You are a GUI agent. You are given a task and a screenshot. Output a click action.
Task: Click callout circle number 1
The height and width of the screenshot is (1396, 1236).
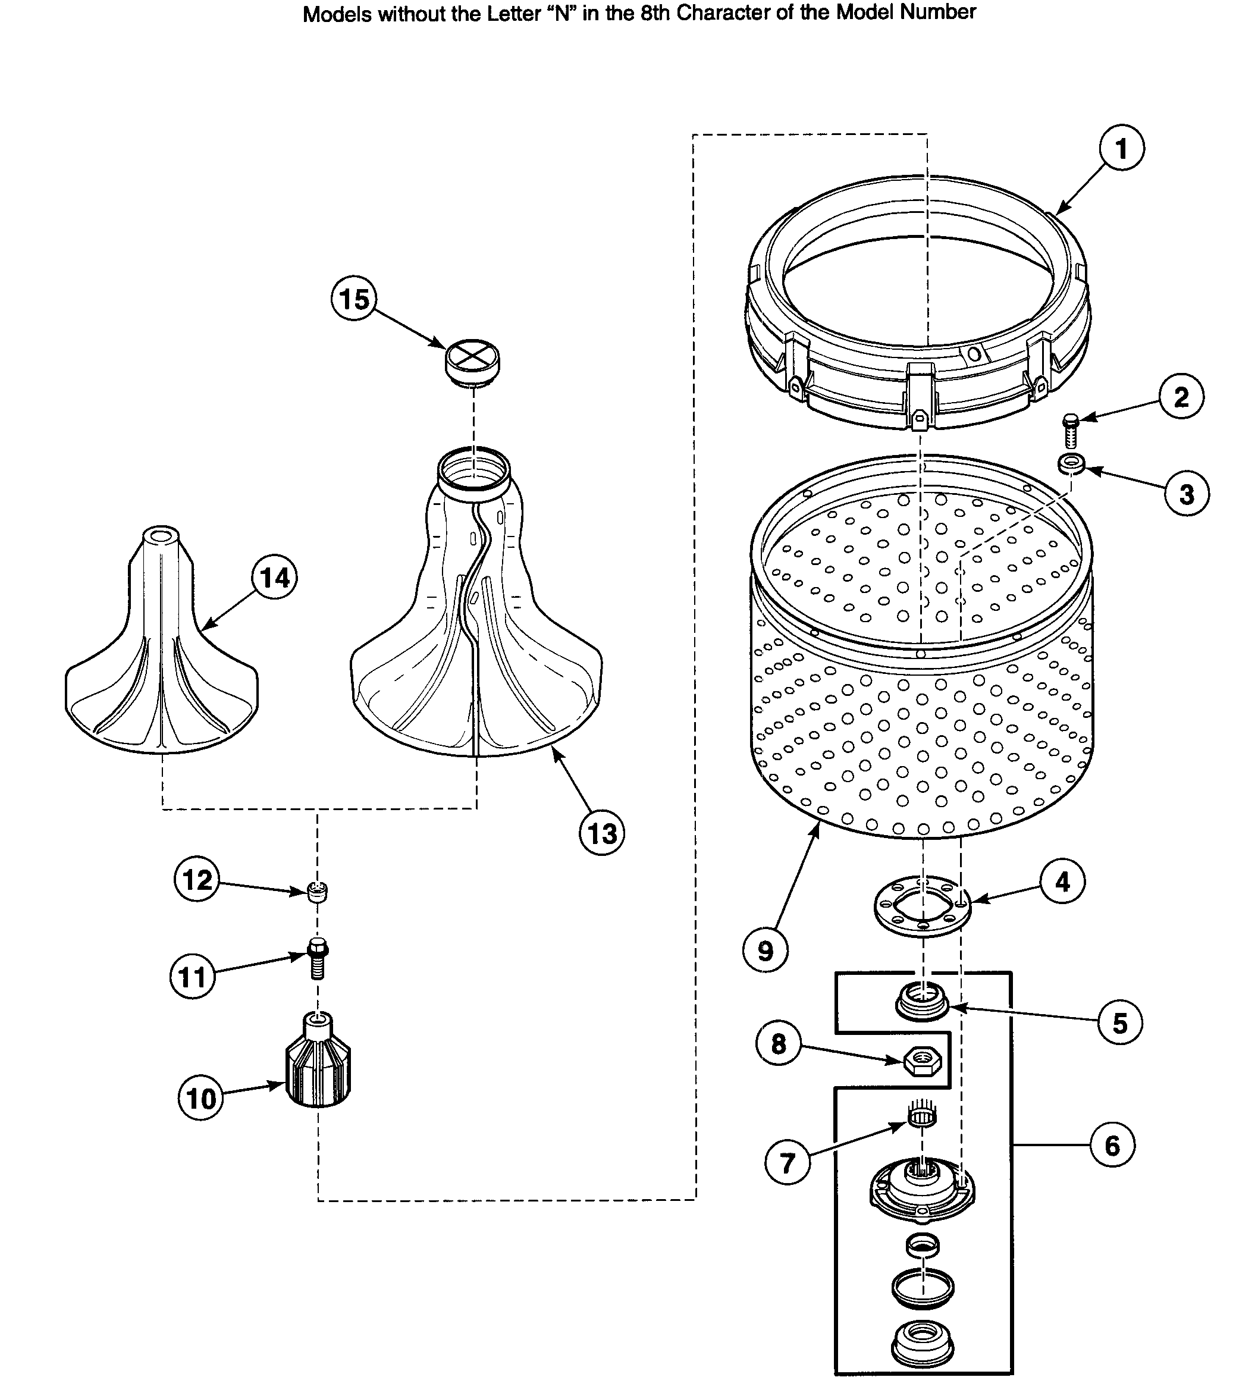pyautogui.click(x=1121, y=148)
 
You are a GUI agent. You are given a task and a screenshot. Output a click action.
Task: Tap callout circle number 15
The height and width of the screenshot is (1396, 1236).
pyautogui.click(x=355, y=299)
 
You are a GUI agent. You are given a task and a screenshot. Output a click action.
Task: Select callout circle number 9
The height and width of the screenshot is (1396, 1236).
pyautogui.click(x=765, y=950)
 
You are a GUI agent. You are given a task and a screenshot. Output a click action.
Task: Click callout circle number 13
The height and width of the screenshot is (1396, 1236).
pyautogui.click(x=601, y=833)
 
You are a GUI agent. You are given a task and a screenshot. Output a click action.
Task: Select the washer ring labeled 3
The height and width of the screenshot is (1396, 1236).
pyautogui.click(x=1071, y=464)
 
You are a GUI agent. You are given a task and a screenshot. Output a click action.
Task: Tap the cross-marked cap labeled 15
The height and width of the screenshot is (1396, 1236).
pyautogui.click(x=472, y=360)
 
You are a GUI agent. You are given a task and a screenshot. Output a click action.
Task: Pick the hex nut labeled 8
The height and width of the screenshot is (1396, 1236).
pyautogui.click(x=922, y=1061)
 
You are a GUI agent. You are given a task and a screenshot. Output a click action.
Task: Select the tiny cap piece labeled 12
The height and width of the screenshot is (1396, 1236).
pyautogui.click(x=318, y=892)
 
